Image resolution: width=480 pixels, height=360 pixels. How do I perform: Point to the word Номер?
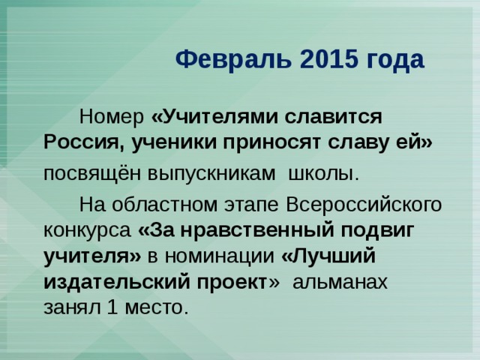[112, 118]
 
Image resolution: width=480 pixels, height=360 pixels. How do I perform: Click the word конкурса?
[85, 229]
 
